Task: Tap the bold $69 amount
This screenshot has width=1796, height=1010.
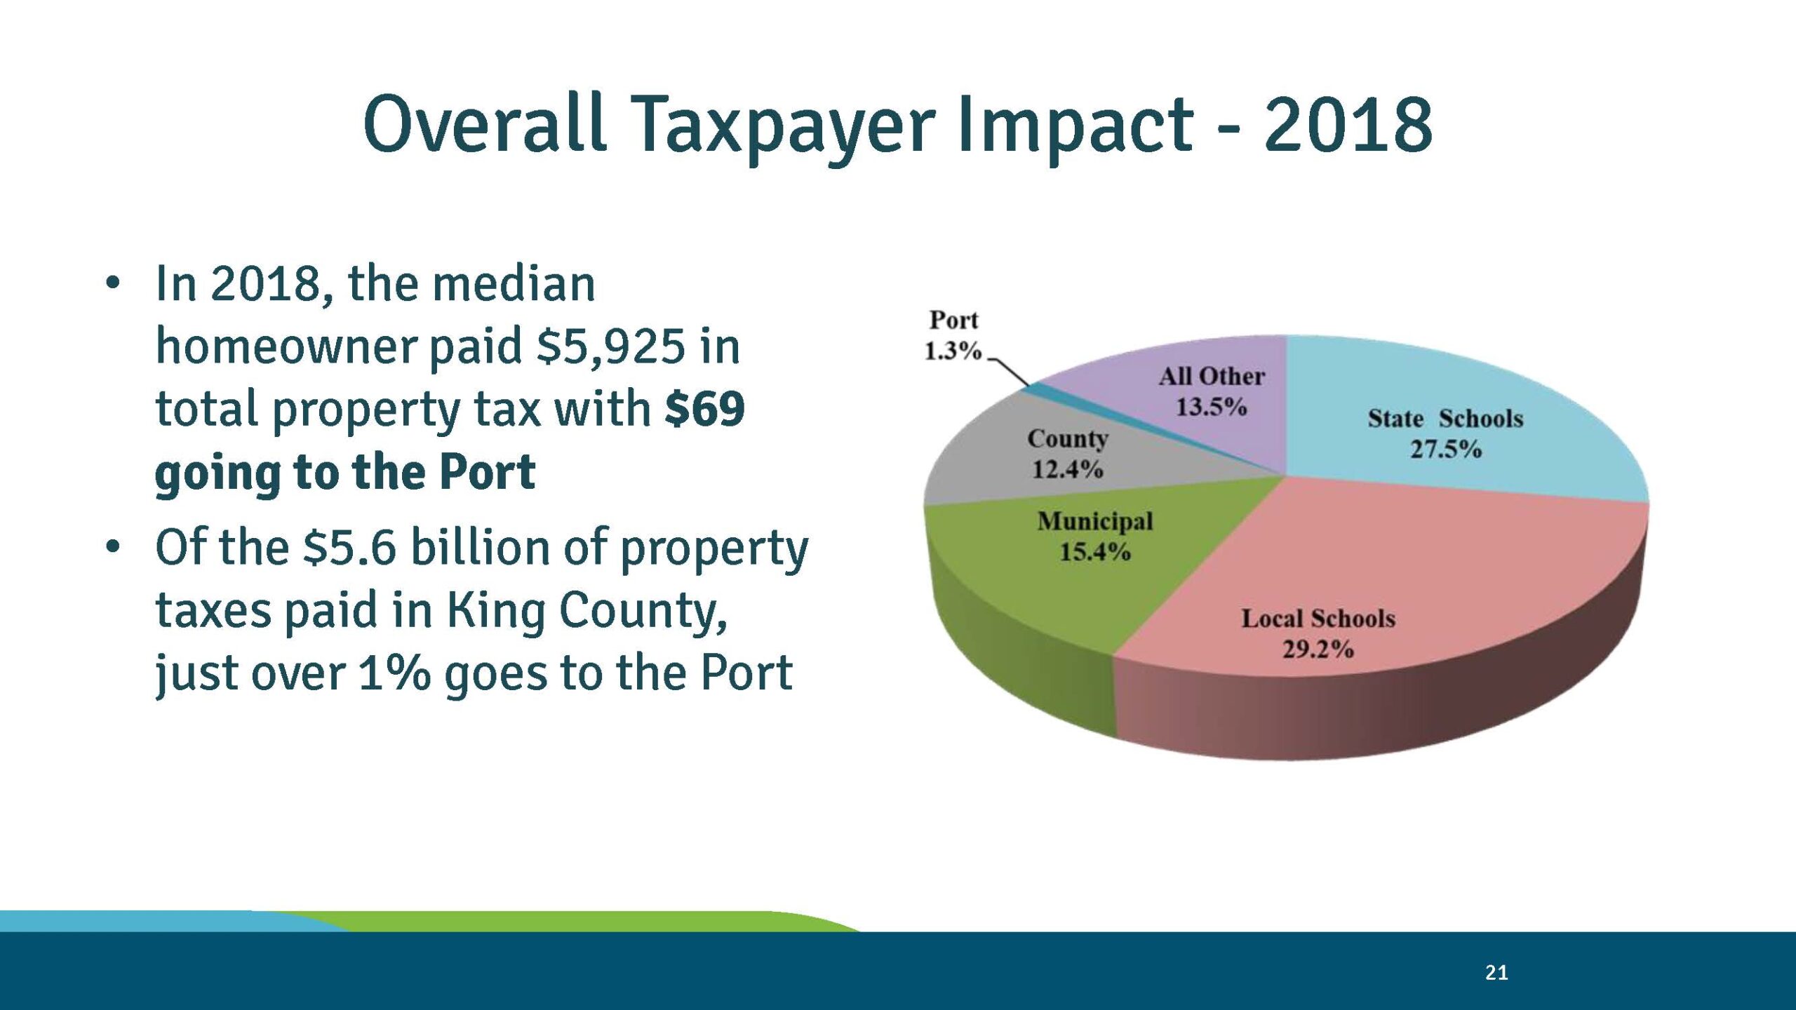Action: [704, 410]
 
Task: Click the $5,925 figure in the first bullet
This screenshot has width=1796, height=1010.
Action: [610, 346]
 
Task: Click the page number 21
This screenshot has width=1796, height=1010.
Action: [1496, 972]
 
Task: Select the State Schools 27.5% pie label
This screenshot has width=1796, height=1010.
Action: [1445, 433]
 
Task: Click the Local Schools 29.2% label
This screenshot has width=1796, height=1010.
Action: [1318, 633]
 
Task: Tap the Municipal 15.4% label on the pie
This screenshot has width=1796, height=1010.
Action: [1094, 537]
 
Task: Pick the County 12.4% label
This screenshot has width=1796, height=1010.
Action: [1068, 453]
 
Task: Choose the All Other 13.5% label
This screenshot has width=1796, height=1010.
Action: [1212, 391]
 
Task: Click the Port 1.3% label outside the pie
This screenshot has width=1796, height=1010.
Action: [953, 335]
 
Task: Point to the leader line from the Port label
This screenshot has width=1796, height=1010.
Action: [1009, 370]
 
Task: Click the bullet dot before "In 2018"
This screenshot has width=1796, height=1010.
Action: [112, 284]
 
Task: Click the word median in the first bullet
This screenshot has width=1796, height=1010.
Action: [514, 284]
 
